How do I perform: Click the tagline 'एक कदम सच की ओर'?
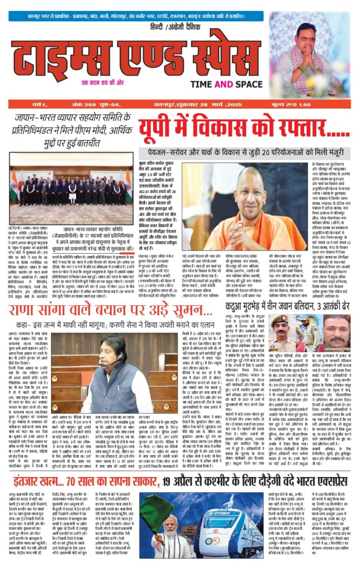coord(103,83)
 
